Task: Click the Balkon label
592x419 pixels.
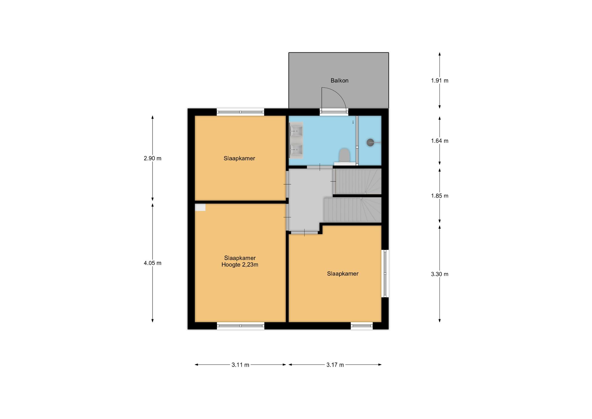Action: tap(339, 81)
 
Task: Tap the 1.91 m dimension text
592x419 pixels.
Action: tap(440, 81)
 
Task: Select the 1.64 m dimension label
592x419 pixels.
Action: tap(440, 141)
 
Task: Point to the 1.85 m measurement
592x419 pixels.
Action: tap(440, 196)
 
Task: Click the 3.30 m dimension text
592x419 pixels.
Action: tap(440, 274)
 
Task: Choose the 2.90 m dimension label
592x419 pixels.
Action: tap(153, 159)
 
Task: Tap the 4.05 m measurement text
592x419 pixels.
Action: tap(153, 263)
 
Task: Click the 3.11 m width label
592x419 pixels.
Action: tap(240, 365)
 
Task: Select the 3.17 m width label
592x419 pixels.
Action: tap(335, 365)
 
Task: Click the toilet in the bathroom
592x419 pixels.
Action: tap(344, 156)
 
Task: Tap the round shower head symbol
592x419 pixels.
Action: tap(370, 142)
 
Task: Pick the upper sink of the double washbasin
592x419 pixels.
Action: tap(297, 131)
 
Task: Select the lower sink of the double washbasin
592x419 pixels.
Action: tap(297, 150)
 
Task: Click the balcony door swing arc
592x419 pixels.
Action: tap(340, 93)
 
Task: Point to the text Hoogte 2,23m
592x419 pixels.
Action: tap(240, 264)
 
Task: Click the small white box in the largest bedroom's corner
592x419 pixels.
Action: tap(200, 207)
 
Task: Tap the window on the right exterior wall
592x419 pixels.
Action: tap(385, 273)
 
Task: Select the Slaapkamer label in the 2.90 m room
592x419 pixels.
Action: tap(239, 159)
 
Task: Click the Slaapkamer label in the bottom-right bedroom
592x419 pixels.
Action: tap(343, 274)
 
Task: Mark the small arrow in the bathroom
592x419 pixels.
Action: tap(353, 122)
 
